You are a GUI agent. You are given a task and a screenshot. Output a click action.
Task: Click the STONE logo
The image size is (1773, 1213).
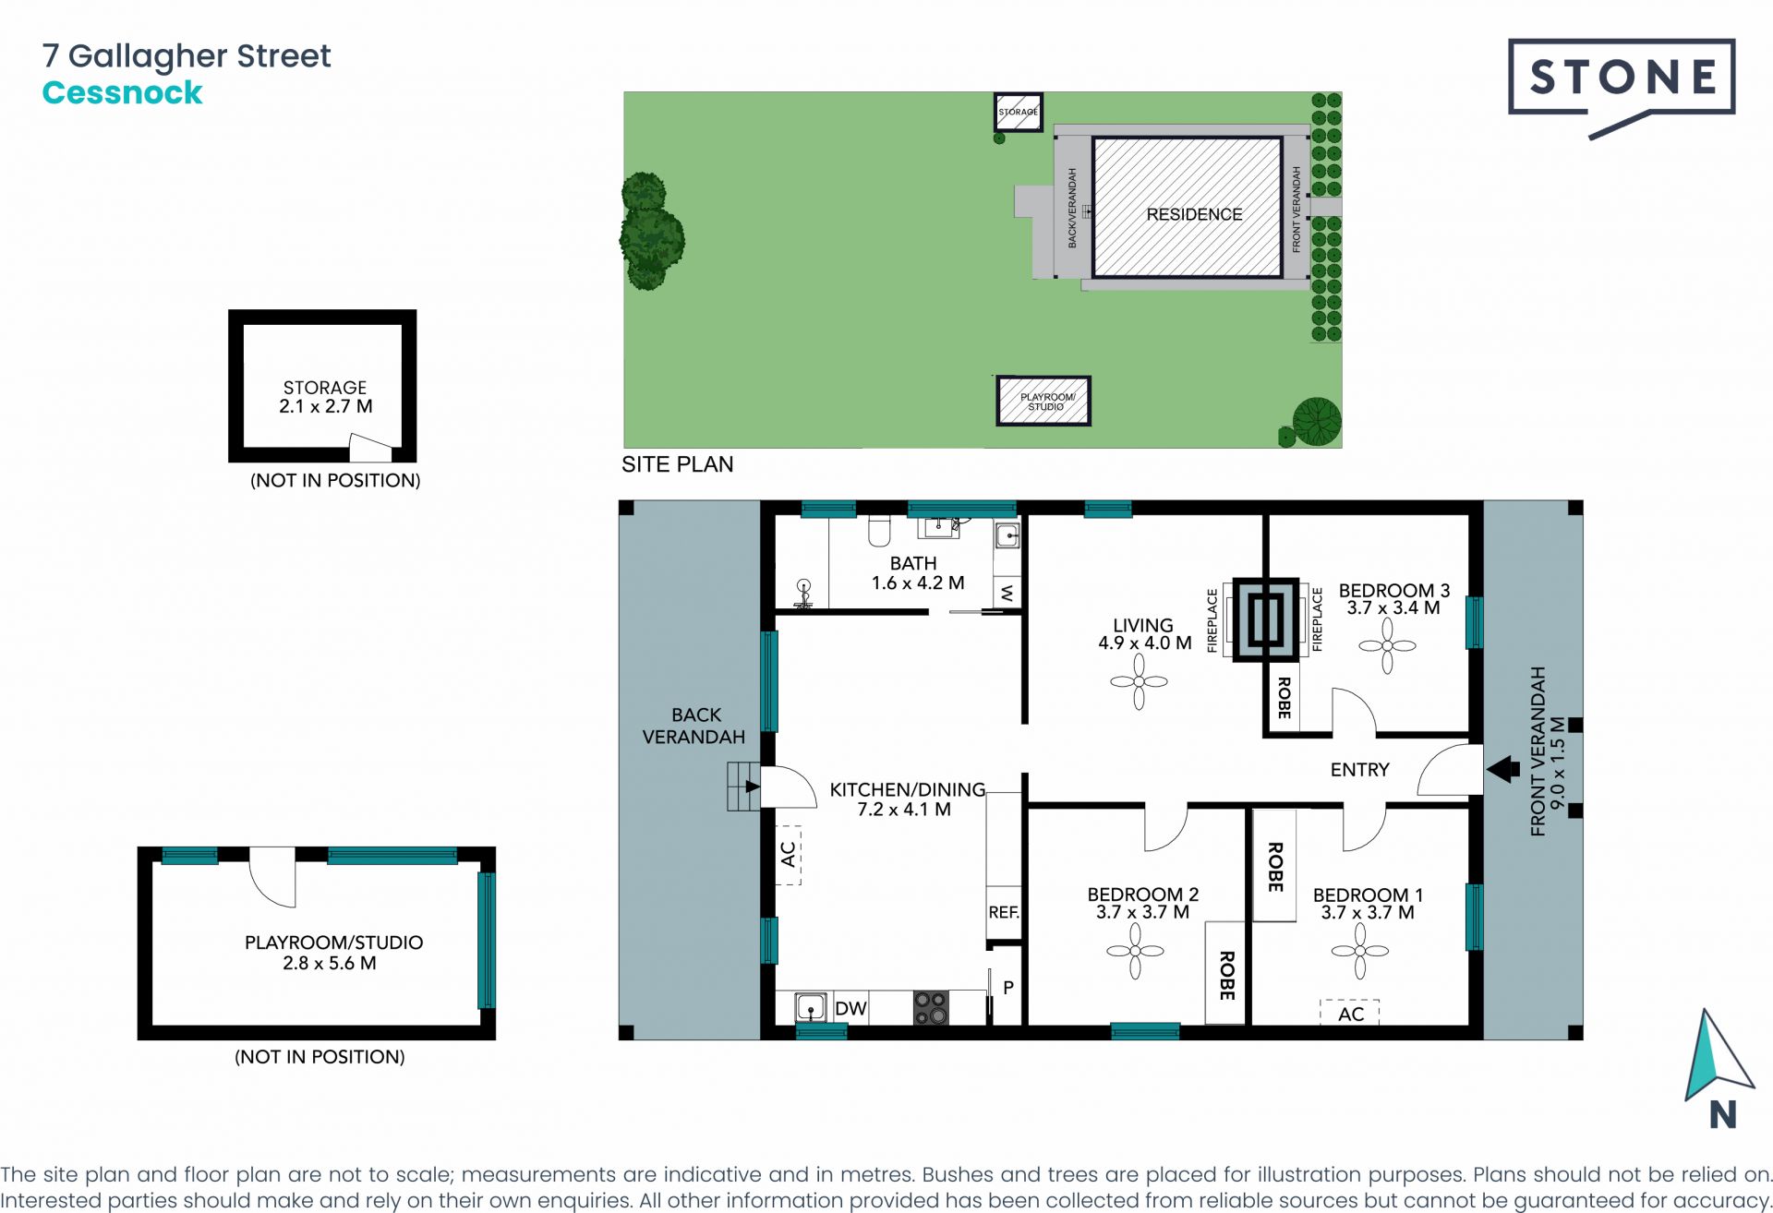click(x=1622, y=78)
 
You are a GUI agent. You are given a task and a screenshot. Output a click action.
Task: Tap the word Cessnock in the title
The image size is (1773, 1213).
click(x=122, y=93)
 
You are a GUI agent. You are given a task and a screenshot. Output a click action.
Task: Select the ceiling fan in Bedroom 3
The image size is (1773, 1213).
click(x=1387, y=646)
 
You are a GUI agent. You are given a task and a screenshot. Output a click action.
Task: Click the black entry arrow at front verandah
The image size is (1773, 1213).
click(x=1503, y=769)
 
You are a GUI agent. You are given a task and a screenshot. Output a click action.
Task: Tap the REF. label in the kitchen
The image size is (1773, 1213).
click(x=1004, y=913)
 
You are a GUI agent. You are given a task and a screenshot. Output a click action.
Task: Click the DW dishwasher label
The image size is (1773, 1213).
click(x=850, y=1009)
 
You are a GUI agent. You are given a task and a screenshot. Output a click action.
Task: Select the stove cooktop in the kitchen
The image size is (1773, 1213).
click(x=931, y=1008)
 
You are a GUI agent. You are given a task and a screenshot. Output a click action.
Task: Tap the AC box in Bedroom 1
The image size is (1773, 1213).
click(x=1350, y=1014)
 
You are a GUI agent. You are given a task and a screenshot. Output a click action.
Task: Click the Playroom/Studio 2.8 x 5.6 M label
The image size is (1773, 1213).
click(x=333, y=953)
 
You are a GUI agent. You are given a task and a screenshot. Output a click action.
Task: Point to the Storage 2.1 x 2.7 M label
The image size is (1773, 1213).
click(x=325, y=397)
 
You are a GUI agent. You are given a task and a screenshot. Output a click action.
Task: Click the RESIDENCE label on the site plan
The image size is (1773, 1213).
click(x=1194, y=214)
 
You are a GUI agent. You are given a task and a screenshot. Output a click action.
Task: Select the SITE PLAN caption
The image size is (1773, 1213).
click(x=677, y=464)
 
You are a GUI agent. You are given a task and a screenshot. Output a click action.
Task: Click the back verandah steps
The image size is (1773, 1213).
click(x=743, y=787)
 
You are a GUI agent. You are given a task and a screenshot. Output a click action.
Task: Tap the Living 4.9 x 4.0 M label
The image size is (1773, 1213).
click(x=1143, y=634)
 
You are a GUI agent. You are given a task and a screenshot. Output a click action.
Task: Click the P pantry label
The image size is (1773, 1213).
click(x=1008, y=988)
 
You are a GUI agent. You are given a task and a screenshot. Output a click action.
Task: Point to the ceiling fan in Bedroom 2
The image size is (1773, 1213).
click(x=1135, y=951)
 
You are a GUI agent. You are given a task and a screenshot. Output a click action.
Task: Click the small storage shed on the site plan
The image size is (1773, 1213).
click(x=1018, y=113)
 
